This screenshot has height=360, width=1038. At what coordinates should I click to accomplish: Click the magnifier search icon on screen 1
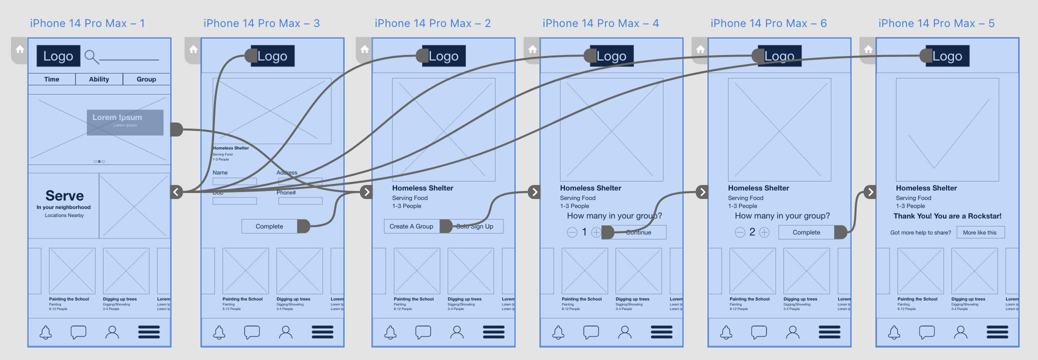[x=91, y=56]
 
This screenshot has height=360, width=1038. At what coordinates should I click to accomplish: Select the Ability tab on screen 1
[x=99, y=79]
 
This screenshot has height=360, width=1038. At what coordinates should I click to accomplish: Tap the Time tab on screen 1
[x=51, y=79]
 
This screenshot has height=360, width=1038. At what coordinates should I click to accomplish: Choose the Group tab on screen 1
[x=146, y=79]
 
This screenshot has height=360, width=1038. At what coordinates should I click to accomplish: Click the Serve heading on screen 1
[x=64, y=195]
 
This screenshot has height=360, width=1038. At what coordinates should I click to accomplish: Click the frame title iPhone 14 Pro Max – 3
[x=261, y=23]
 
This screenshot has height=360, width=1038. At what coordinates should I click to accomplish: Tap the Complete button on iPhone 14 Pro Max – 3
[x=269, y=226]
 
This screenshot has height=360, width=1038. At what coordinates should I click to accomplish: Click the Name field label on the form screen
[x=220, y=172]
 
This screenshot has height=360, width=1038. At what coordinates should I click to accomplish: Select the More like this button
[x=980, y=232]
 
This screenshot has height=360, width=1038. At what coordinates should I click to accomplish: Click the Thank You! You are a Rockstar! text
[x=947, y=216]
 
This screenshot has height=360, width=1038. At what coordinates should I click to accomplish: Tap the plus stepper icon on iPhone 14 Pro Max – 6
[x=764, y=232]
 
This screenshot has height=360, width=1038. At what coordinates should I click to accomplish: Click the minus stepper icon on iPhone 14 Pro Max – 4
[x=572, y=232]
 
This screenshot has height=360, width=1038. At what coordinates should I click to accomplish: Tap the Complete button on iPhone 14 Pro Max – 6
[x=806, y=232]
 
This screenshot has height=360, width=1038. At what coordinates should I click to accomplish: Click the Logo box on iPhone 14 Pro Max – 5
[x=947, y=56]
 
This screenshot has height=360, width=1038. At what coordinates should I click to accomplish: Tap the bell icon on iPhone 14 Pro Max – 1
[x=45, y=332]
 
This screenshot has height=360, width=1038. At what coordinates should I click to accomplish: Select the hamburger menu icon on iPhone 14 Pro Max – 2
[x=493, y=332]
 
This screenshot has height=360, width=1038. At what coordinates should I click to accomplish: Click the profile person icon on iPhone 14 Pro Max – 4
[x=625, y=332]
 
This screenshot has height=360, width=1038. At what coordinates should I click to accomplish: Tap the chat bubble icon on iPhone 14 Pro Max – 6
[x=759, y=332]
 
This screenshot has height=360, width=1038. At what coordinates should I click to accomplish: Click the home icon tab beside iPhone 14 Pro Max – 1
[x=19, y=49]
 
